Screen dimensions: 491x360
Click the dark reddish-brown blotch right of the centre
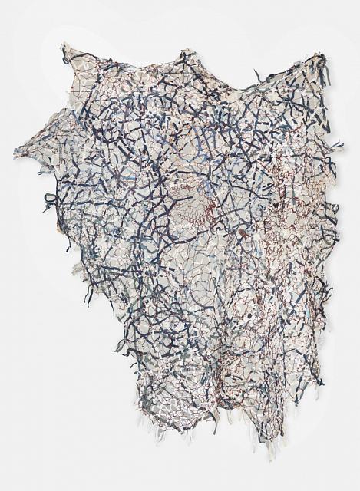pos(241,229)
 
